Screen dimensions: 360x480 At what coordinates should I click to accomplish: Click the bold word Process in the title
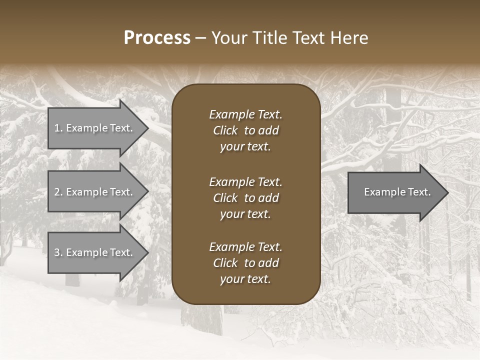click(x=157, y=38)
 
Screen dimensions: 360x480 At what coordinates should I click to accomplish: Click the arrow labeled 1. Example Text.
click(x=93, y=128)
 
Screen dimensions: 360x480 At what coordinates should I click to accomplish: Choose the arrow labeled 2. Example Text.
click(x=93, y=192)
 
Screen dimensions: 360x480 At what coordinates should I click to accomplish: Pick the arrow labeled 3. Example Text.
click(x=93, y=252)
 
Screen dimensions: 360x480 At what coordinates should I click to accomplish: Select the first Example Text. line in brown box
click(x=245, y=114)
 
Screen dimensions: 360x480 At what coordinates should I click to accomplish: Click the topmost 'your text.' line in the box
click(x=245, y=147)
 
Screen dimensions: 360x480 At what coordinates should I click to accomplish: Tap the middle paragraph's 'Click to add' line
click(x=245, y=198)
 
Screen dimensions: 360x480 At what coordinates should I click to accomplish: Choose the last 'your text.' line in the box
click(x=245, y=279)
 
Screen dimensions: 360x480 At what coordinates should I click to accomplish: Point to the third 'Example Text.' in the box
click(x=245, y=247)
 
